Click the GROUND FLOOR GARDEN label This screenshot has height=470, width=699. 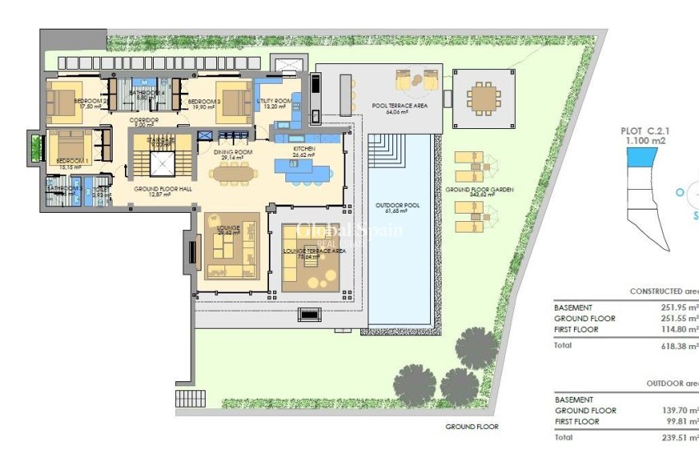[479, 190]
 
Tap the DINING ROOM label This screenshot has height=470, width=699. [232, 152]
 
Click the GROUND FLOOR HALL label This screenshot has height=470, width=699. [163, 189]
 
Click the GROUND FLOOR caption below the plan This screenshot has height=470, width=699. [471, 427]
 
